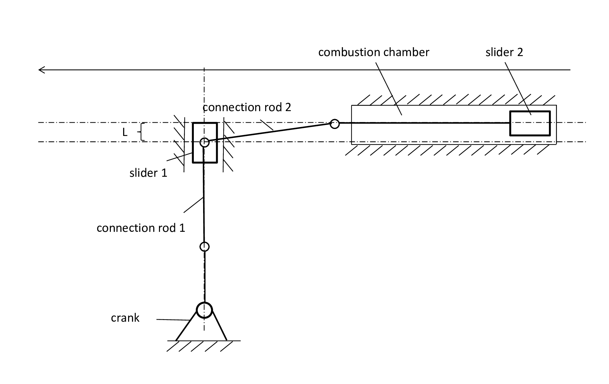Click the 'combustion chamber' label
click(373, 52)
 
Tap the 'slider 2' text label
click(504, 52)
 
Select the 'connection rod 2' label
click(247, 107)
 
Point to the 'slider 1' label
click(148, 173)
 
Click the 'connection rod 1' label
click(141, 228)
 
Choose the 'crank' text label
click(125, 318)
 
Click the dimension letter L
click(125, 133)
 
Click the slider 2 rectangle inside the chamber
click(530, 123)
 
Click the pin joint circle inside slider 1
click(204, 143)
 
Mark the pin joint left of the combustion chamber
click(335, 124)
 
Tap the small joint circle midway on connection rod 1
click(204, 247)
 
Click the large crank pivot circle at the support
click(204, 310)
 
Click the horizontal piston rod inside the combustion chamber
click(425, 123)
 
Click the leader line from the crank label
click(173, 320)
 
